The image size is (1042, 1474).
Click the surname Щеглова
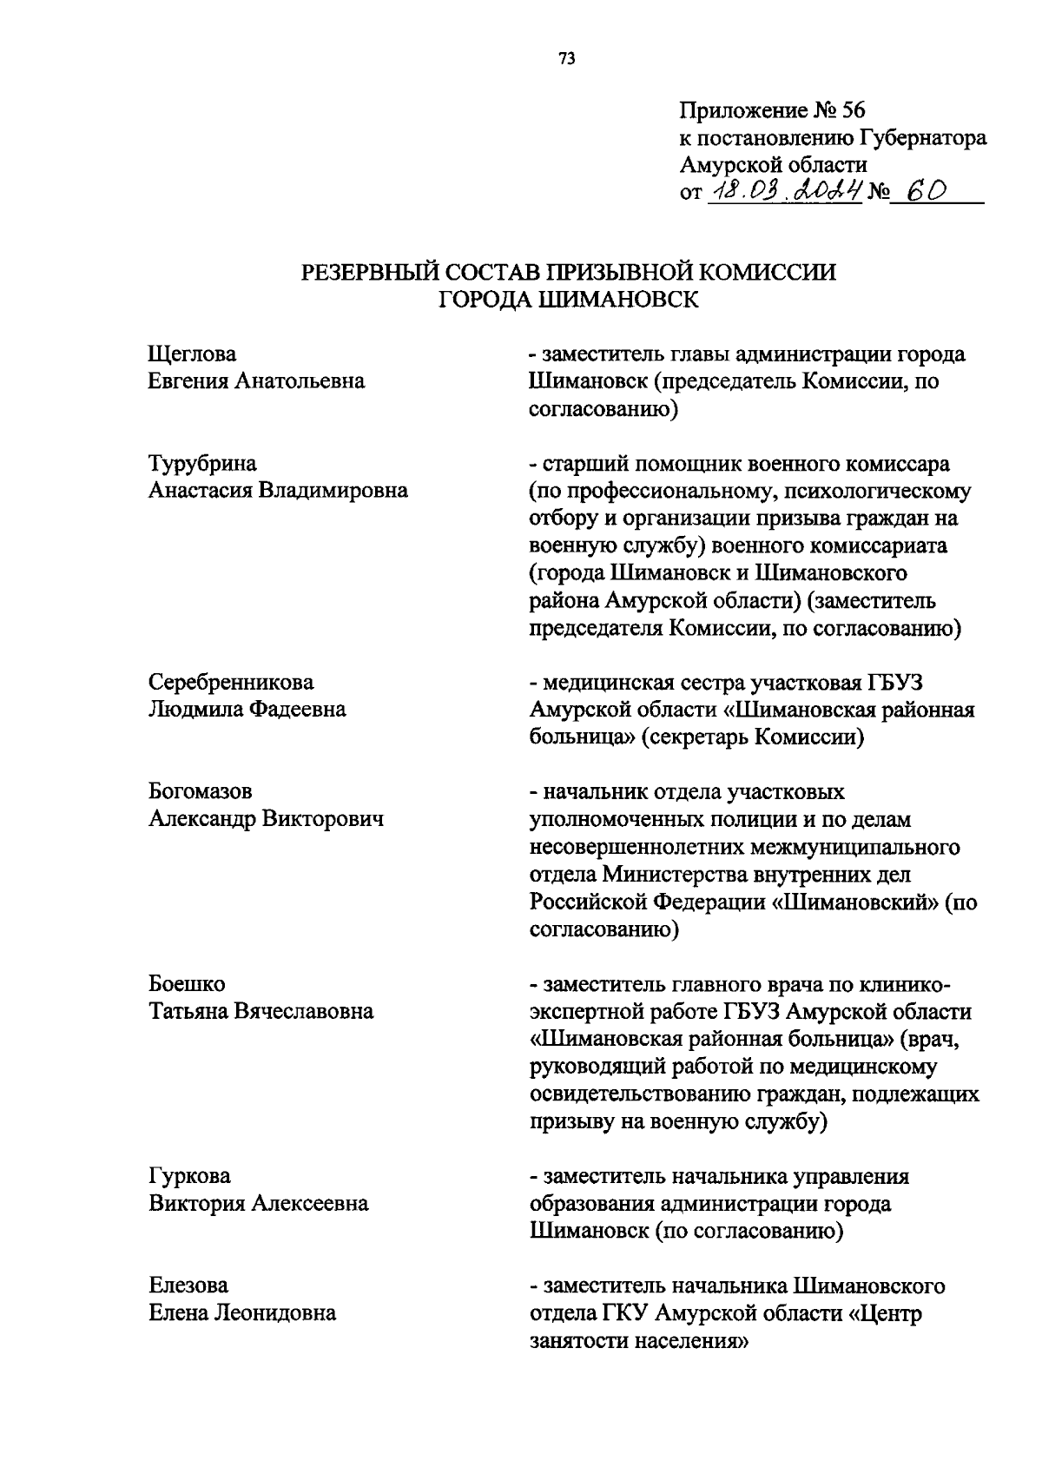click(x=193, y=354)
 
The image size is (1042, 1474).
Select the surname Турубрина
click(x=202, y=464)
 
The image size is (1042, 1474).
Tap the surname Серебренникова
click(x=231, y=682)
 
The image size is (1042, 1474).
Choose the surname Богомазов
click(x=201, y=791)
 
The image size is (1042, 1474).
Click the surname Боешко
click(x=187, y=984)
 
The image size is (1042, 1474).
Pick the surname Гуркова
click(x=190, y=1176)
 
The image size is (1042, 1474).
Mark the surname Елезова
click(x=188, y=1286)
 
